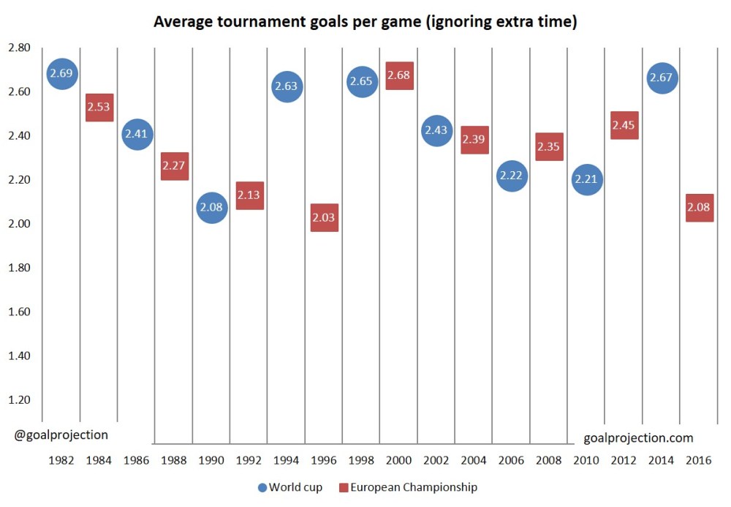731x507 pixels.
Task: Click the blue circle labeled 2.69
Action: point(62,73)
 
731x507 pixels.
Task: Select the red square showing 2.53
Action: point(99,108)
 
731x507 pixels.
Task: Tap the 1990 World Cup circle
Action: point(211,208)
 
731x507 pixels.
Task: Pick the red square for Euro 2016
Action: point(699,208)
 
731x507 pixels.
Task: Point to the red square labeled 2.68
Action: point(399,75)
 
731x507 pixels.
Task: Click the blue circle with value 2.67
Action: point(661,78)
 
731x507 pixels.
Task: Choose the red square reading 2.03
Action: point(325,217)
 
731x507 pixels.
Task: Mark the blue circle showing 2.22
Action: point(512,176)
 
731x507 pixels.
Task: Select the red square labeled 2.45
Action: point(624,125)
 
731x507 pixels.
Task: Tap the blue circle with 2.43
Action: point(436,131)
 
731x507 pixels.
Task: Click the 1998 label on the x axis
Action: point(361,461)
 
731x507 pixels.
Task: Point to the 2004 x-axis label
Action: point(474,461)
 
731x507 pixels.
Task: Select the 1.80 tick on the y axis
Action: point(19,268)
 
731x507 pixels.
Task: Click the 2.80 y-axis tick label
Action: point(19,48)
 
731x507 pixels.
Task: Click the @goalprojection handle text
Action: point(61,435)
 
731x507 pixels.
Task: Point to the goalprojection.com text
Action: point(638,438)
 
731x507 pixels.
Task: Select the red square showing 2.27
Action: point(175,166)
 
